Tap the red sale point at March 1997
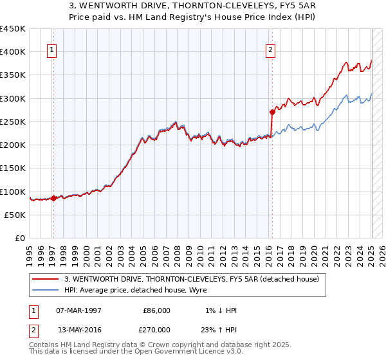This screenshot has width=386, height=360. pyautogui.click(x=53, y=198)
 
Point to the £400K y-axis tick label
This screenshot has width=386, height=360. pyautogui.click(x=13, y=52)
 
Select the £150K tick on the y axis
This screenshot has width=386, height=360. pyautogui.click(x=13, y=168)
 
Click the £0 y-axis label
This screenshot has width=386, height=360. pyautogui.click(x=21, y=239)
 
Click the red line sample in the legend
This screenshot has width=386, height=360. pyautogui.click(x=46, y=279)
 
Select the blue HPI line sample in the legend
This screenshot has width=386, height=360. pyautogui.click(x=46, y=290)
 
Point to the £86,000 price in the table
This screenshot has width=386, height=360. pyautogui.click(x=157, y=310)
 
